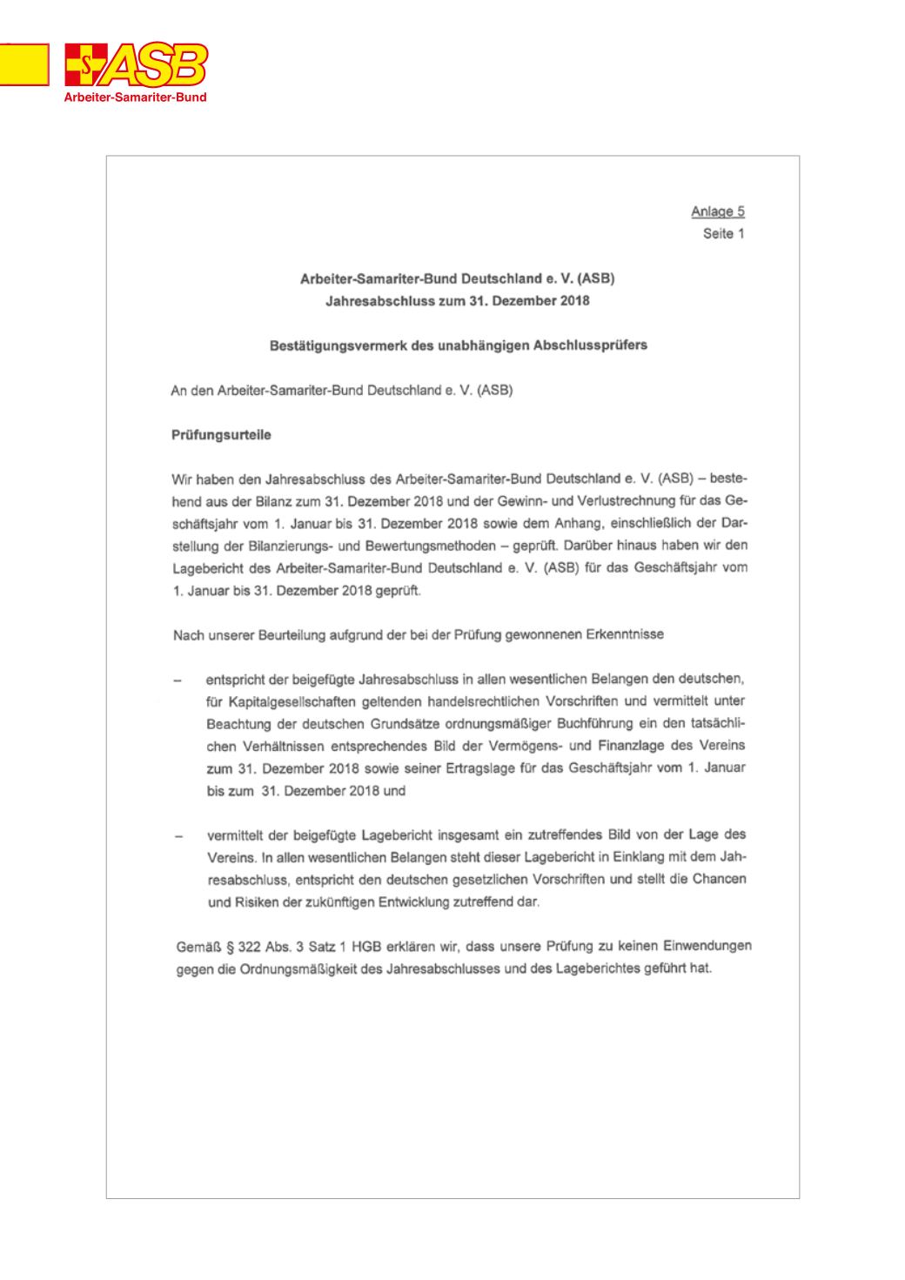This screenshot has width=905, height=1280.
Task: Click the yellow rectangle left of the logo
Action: click(x=23, y=64)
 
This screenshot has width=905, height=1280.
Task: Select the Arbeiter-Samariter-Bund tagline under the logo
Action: click(x=136, y=97)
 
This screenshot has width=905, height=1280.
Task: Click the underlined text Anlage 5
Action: click(x=718, y=211)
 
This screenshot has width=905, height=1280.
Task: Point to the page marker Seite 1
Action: click(x=724, y=233)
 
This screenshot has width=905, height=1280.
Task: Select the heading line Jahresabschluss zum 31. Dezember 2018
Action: click(x=458, y=301)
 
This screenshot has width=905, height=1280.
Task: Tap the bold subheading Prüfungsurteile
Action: click(x=221, y=435)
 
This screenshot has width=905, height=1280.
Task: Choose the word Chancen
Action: click(x=719, y=879)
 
